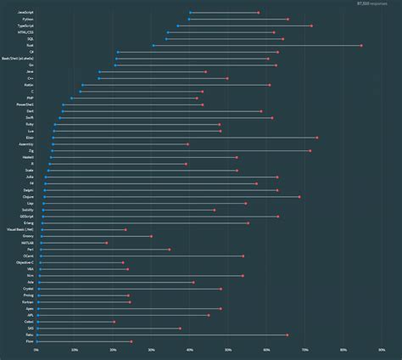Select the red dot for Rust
[361, 46]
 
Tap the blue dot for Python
[189, 20]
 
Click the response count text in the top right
[372, 4]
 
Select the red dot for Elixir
[316, 138]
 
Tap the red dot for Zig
[310, 151]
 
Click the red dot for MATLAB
[107, 243]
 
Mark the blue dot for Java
[99, 72]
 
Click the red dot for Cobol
[114, 322]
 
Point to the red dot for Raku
[287, 335]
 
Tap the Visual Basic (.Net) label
[20, 230]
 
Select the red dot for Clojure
[299, 197]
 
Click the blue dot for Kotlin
[82, 85]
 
